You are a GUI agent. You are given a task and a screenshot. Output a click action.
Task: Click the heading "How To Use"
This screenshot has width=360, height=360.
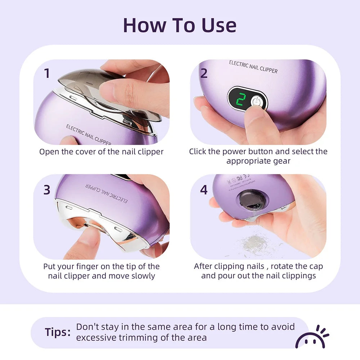[180, 25]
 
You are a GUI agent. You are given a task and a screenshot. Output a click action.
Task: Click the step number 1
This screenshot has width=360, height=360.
[47, 73]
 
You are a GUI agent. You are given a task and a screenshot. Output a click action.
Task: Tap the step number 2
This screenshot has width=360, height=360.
[204, 73]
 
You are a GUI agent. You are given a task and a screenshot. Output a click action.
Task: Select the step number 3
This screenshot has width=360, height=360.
[47, 190]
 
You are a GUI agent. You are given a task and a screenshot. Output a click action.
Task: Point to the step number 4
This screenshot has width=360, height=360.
[204, 190]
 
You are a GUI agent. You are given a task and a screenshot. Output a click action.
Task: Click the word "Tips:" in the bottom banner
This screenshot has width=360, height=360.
[58, 332]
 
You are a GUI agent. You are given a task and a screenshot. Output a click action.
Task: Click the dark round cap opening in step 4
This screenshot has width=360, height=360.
[251, 201]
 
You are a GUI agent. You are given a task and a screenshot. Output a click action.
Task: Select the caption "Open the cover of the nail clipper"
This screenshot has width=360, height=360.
[101, 152]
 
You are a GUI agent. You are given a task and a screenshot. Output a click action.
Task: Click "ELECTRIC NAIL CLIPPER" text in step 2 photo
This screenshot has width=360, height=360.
[253, 67]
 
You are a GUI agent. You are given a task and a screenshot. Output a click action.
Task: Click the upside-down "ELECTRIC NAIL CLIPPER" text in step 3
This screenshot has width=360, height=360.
[107, 193]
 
